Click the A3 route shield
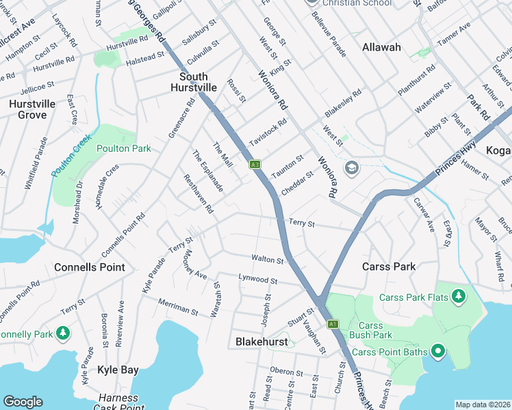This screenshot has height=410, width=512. [x=255, y=164]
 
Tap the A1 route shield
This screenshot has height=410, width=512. [x=333, y=324]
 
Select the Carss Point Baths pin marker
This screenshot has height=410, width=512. [x=438, y=352]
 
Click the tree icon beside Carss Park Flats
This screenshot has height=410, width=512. [x=459, y=297]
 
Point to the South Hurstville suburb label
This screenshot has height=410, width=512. [x=199, y=82]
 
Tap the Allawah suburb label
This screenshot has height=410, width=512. [x=381, y=47]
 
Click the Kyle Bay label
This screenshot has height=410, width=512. [x=118, y=370]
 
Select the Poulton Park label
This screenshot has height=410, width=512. [x=123, y=148]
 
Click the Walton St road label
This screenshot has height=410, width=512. [x=267, y=260]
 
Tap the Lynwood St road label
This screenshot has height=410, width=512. [x=257, y=279]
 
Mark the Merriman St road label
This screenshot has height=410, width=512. [x=178, y=306]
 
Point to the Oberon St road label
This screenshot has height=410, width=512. [x=286, y=370]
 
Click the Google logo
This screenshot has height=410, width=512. [x=23, y=402]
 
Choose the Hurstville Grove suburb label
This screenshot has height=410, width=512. [x=27, y=109]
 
